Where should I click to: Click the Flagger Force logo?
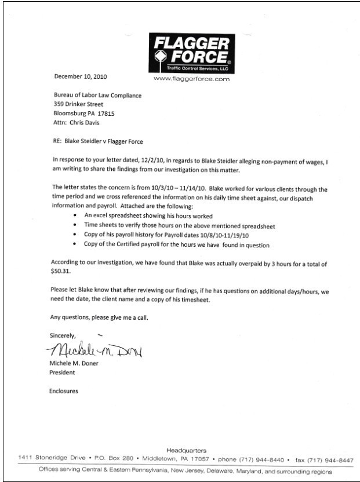(191, 52)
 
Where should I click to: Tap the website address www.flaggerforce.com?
(191, 78)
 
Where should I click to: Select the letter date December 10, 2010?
(80, 76)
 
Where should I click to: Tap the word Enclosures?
(64, 391)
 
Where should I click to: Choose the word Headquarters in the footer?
(186, 450)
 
